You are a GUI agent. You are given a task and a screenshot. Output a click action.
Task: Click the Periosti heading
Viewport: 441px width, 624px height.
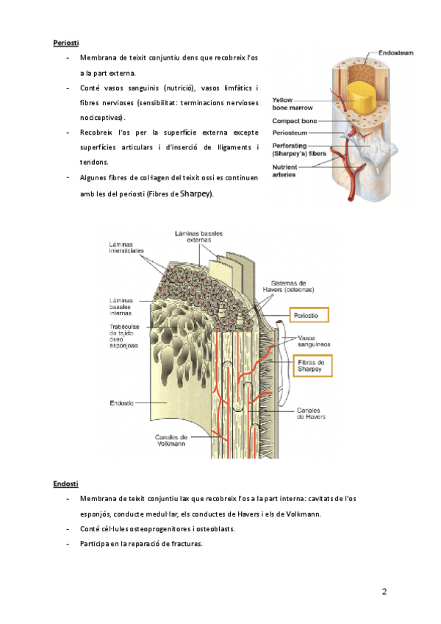click(x=66, y=43)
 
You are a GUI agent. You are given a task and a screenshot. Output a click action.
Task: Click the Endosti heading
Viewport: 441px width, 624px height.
click(x=65, y=483)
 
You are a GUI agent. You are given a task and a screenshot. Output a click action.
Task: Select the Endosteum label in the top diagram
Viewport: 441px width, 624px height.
click(x=395, y=54)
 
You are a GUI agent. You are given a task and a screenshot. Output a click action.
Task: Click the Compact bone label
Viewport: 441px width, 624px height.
click(x=294, y=120)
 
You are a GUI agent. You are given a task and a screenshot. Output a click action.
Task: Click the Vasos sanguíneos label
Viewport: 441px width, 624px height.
click(x=314, y=341)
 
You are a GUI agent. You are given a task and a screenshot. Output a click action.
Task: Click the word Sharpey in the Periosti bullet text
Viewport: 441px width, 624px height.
click(x=196, y=194)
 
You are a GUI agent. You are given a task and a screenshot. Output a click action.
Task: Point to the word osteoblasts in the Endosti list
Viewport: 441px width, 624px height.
click(x=213, y=529)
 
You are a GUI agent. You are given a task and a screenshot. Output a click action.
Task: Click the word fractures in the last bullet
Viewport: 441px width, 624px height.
click(x=183, y=544)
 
